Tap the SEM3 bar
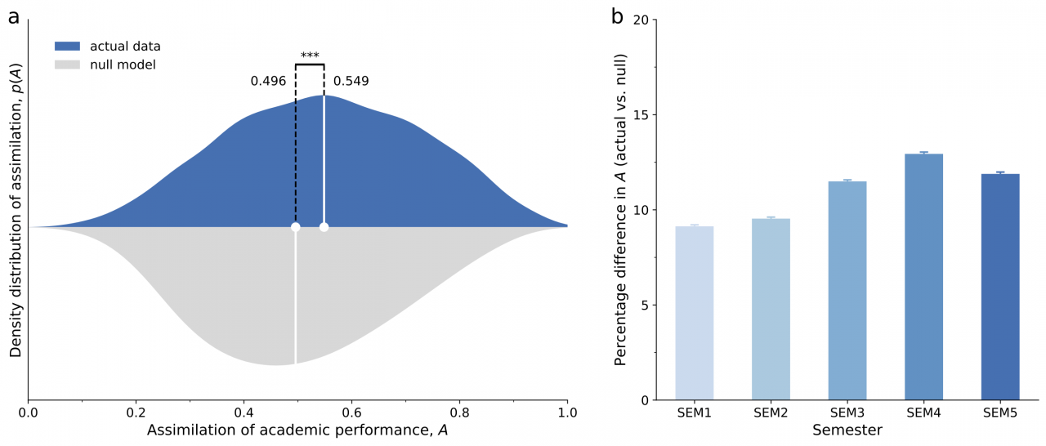click(x=847, y=291)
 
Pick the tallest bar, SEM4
click(x=923, y=277)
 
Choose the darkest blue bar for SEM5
click(x=1000, y=287)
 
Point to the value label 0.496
click(x=268, y=81)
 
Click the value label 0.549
click(x=351, y=81)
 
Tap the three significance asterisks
click(x=310, y=56)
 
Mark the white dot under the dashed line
click(x=295, y=227)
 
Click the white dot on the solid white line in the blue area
click(x=324, y=227)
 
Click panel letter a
click(x=13, y=16)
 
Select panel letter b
click(x=618, y=16)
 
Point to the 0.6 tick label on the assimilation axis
click(x=351, y=413)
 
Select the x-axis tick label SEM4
click(x=923, y=413)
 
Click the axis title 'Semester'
click(x=847, y=430)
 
